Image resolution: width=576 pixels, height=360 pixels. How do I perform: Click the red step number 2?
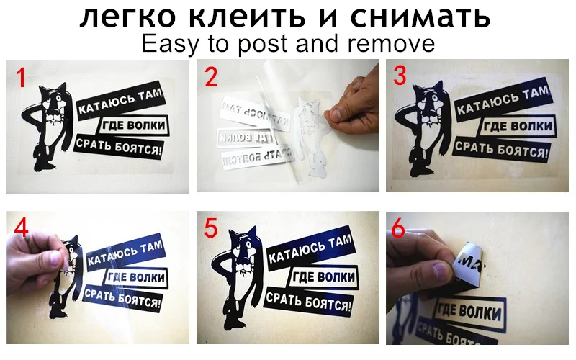click(210, 77)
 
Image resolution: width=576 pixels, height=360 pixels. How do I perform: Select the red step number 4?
click(22, 228)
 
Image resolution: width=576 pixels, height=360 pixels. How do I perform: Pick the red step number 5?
click(210, 228)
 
